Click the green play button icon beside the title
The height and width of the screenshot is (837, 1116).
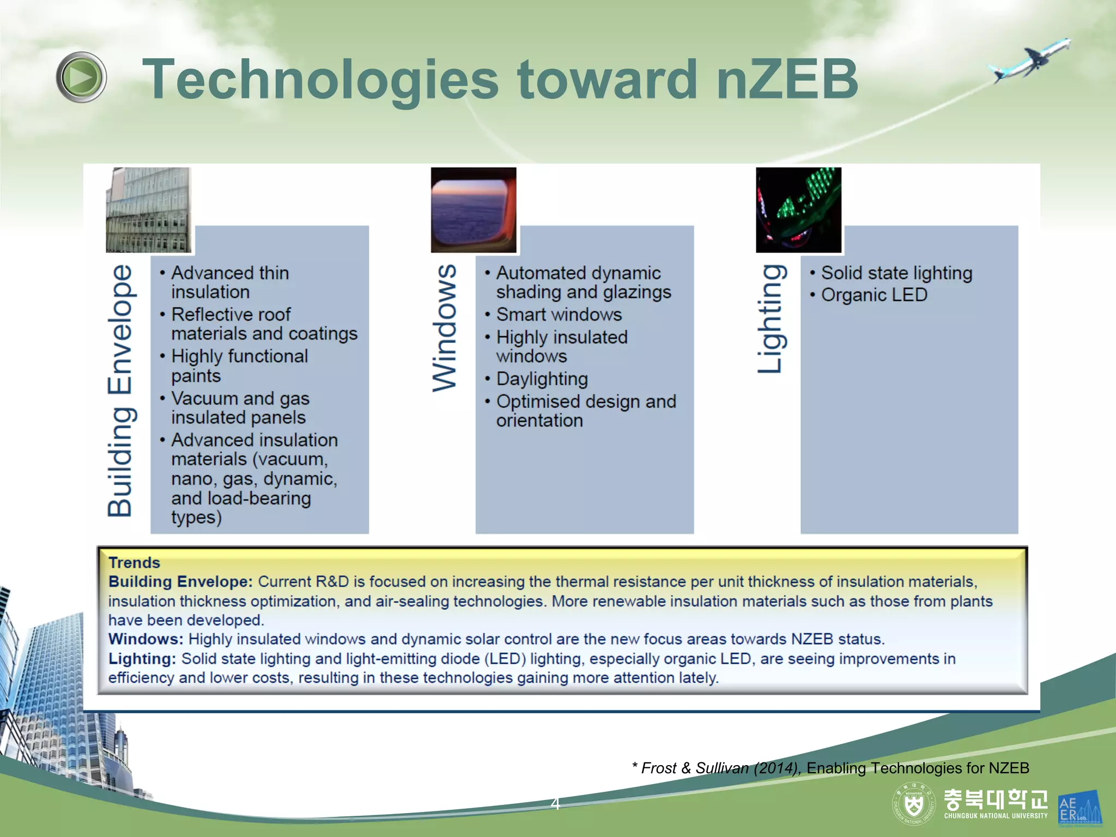coord(81,77)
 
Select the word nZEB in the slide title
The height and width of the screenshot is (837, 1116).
coord(786,80)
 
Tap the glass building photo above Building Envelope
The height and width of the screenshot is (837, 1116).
coord(148,210)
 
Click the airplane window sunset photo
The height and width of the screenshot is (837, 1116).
coord(473,210)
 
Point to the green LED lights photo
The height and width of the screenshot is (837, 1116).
coord(798,210)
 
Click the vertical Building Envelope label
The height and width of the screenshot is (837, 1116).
coord(120,390)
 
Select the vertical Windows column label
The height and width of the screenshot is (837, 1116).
coord(445,328)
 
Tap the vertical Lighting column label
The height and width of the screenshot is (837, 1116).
coord(772,319)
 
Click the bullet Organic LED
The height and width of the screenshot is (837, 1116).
coord(874,295)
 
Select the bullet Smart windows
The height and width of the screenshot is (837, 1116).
coord(559,314)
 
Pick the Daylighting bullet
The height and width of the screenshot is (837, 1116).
coord(542,379)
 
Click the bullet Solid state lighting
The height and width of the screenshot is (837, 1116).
coord(896,273)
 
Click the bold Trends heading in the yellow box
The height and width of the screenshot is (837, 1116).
coord(134,562)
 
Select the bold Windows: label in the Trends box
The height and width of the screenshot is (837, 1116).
coord(145,639)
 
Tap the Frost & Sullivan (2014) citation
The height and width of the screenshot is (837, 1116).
coord(715,768)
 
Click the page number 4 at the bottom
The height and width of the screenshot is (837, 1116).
coord(555,803)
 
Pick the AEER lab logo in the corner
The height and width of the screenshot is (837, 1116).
coord(1078,808)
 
